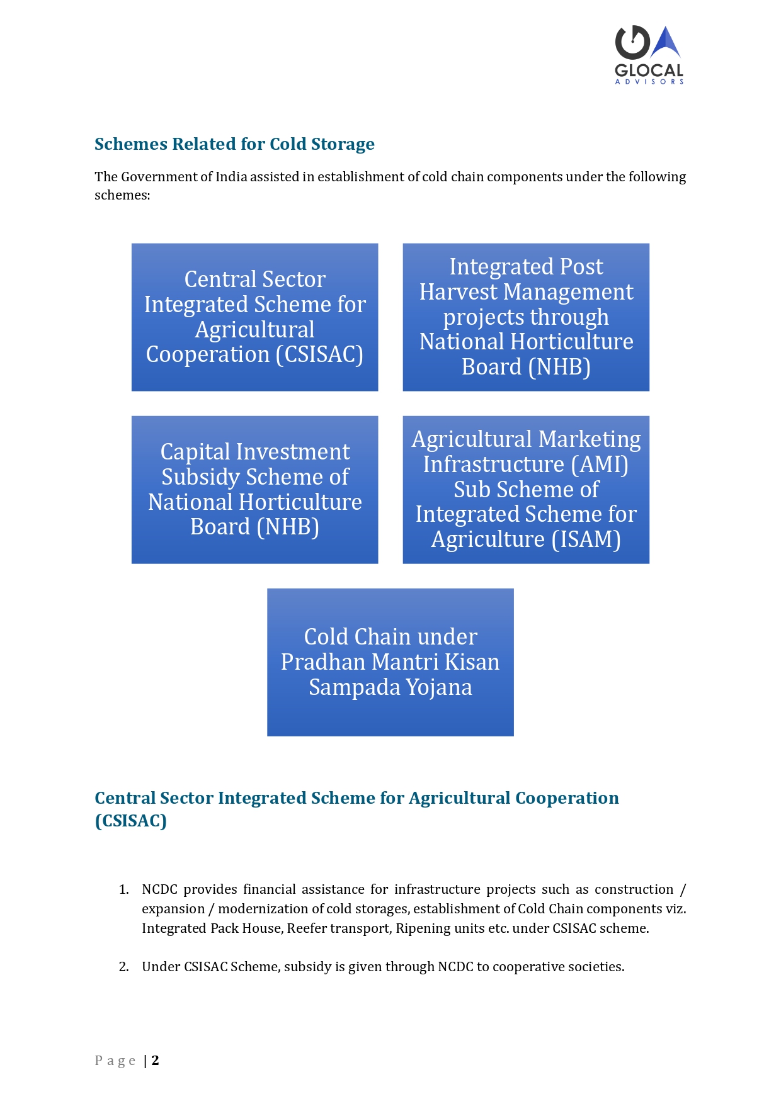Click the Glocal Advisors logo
tap(649, 55)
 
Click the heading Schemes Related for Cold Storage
tap(234, 144)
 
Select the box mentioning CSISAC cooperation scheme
tap(254, 317)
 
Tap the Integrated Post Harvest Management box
tap(526, 317)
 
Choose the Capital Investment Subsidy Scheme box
tap(254, 490)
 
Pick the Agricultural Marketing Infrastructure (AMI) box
tap(526, 490)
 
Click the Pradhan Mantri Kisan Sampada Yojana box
tap(390, 662)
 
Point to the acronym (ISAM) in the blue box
tap(586, 539)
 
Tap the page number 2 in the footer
tap(155, 1061)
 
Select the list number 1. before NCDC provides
tap(123, 889)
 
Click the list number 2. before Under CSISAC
tap(123, 967)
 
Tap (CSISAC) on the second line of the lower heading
tap(130, 821)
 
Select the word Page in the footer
tap(115, 1061)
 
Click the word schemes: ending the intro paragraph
tap(122, 195)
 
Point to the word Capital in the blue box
tap(195, 452)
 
